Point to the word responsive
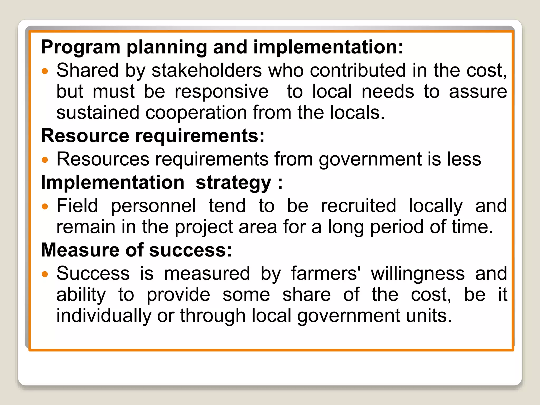pyautogui.click(x=221, y=92)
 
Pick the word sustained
pyautogui.click(x=98, y=113)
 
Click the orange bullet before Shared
pyautogui.click(x=45, y=71)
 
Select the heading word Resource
pyautogui.click(x=85, y=136)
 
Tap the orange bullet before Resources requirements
pyautogui.click(x=45, y=160)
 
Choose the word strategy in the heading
pyautogui.click(x=233, y=183)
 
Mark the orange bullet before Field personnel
pyautogui.click(x=45, y=206)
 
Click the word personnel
pyautogui.click(x=153, y=206)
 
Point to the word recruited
pyautogui.click(x=358, y=206)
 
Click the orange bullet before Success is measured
pyautogui.click(x=45, y=274)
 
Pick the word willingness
pyautogui.click(x=418, y=274)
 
